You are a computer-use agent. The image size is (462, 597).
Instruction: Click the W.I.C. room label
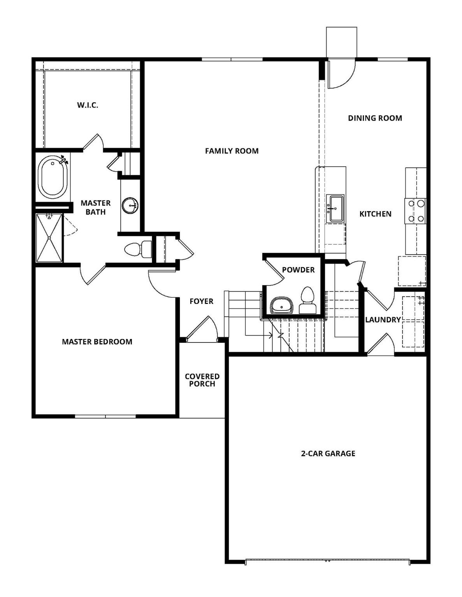(x=87, y=105)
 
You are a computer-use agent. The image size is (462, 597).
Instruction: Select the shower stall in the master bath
(x=49, y=238)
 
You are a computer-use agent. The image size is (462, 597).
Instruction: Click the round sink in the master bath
(x=130, y=206)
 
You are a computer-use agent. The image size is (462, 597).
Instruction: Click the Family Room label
(x=232, y=151)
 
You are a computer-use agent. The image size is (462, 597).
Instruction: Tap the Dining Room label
(x=375, y=118)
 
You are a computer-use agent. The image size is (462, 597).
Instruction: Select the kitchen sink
(x=335, y=209)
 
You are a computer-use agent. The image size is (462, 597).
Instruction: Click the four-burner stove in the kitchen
(x=415, y=211)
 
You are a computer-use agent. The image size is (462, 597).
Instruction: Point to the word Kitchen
(x=375, y=214)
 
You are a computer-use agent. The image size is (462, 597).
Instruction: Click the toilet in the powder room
(x=307, y=300)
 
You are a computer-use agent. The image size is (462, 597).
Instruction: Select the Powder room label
(x=298, y=270)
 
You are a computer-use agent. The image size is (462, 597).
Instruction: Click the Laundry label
(x=383, y=320)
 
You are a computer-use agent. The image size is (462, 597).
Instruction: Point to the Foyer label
(x=201, y=301)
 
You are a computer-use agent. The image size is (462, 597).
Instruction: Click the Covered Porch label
(x=202, y=380)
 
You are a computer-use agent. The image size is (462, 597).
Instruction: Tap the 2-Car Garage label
(x=328, y=453)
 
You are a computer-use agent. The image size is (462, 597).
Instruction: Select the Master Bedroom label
(x=97, y=342)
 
